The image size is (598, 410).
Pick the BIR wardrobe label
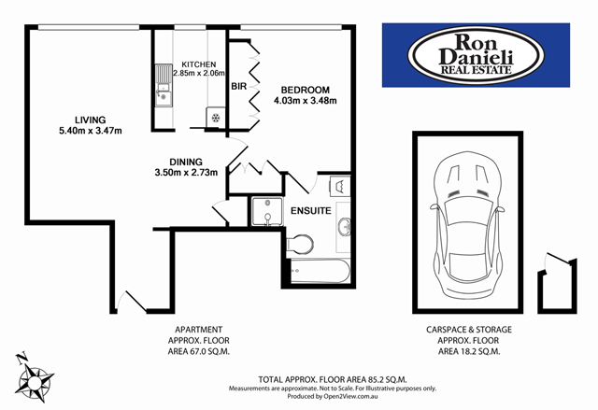(239, 86)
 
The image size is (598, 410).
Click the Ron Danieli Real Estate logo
(476, 55)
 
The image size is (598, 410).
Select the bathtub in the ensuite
(319, 273)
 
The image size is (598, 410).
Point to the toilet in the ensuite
(300, 246)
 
